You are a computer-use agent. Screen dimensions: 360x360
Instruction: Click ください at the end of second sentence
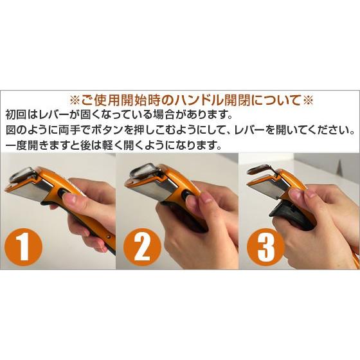pos(331,130)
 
